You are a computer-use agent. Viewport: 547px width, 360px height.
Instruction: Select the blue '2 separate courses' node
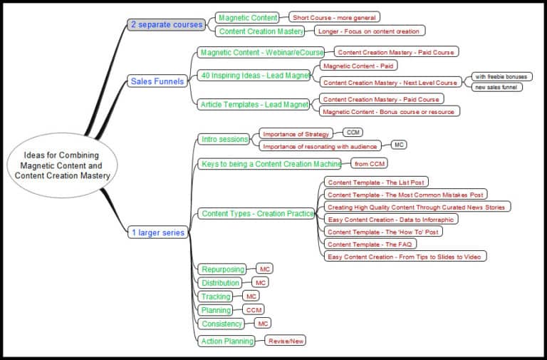click(167, 24)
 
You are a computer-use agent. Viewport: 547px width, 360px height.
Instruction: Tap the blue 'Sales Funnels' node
click(157, 81)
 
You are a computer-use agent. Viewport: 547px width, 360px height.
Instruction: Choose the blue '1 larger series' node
click(158, 232)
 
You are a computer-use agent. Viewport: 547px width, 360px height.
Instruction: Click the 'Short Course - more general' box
click(334, 17)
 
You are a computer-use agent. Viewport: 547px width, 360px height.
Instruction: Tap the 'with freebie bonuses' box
click(502, 76)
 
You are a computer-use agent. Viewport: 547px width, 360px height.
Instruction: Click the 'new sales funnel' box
click(496, 87)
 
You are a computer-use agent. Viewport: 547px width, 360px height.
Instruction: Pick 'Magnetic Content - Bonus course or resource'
click(389, 111)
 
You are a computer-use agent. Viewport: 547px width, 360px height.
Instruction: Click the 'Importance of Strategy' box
click(296, 134)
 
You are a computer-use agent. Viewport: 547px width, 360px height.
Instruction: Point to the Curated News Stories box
click(417, 207)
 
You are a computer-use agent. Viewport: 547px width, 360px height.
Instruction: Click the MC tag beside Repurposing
click(264, 268)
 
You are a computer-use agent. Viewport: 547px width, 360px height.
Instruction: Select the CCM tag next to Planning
click(254, 309)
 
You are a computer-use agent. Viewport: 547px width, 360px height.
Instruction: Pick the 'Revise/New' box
click(286, 341)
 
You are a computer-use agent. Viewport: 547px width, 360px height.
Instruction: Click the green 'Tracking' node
click(217, 297)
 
